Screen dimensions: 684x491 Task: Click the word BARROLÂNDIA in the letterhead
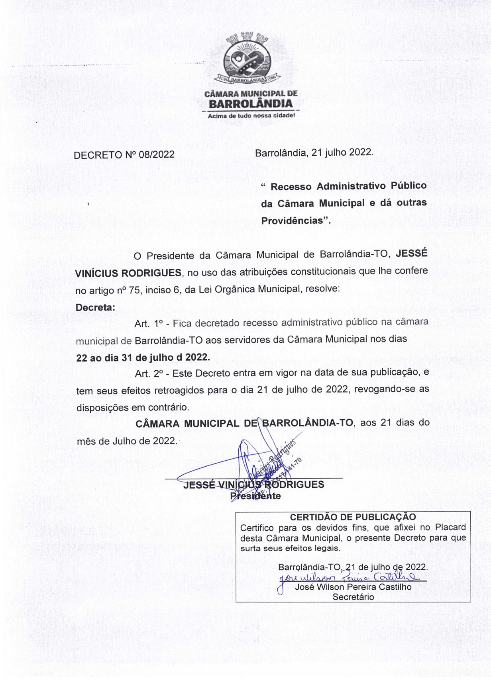click(251, 104)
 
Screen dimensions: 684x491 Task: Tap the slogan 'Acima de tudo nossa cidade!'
click(251, 116)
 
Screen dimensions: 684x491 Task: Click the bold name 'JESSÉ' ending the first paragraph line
click(411, 254)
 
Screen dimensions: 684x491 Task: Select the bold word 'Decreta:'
click(95, 307)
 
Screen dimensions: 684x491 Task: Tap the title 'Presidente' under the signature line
click(255, 496)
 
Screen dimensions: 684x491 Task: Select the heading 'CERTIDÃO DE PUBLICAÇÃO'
click(353, 517)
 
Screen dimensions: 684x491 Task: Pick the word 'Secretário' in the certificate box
click(353, 597)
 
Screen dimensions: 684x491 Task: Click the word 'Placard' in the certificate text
click(450, 528)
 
